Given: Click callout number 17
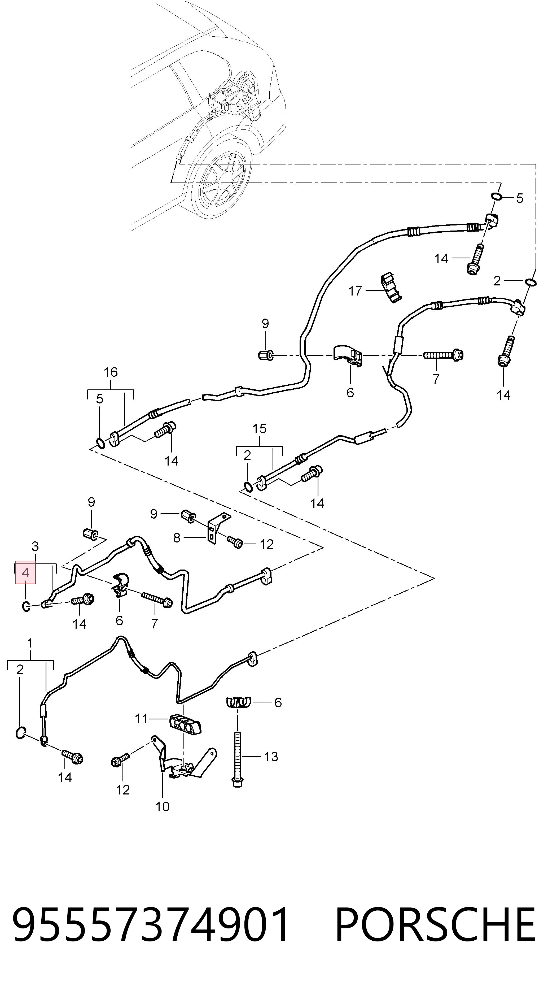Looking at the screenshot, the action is pos(355,290).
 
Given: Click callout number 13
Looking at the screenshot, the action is pos(271,756).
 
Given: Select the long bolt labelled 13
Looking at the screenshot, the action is pos(237,759).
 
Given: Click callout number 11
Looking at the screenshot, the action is pos(142,719).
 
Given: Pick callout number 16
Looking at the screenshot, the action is pos(111,372).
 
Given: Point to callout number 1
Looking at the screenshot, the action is pos(30,643).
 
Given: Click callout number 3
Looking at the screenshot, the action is pos(35,546).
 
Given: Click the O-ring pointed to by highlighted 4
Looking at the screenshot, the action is pos(26,606).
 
